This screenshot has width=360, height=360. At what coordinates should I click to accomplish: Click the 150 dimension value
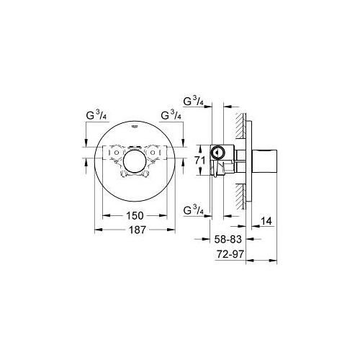(x=134, y=215)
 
